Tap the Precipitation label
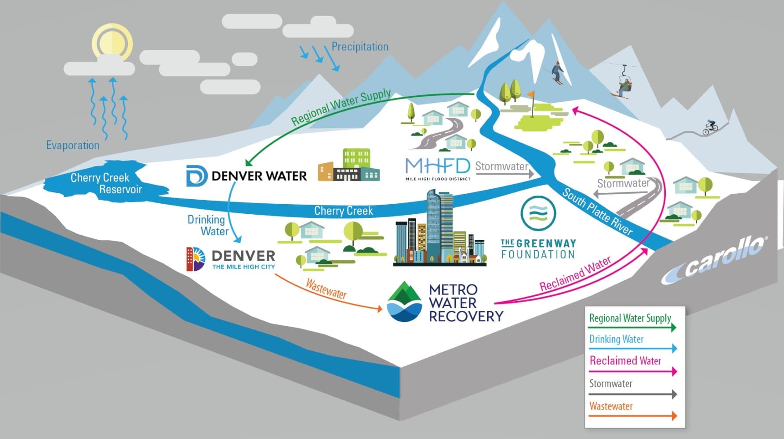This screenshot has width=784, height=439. (x=359, y=47)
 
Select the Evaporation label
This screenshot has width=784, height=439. (x=73, y=145)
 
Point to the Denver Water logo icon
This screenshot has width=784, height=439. (x=196, y=176)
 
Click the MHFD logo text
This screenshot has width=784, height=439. (x=437, y=166)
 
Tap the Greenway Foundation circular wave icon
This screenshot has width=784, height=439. (x=538, y=213)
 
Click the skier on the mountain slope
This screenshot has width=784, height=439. (x=557, y=73)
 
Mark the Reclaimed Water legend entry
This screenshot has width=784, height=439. (x=625, y=361)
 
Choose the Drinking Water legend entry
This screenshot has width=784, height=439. (x=616, y=339)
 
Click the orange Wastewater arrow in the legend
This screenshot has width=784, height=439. (x=632, y=416)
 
